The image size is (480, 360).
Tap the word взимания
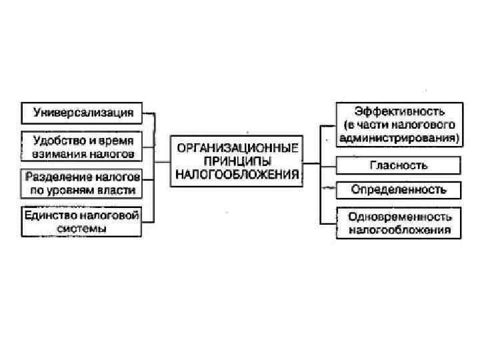tap(56, 154)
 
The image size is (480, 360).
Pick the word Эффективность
tap(399, 111)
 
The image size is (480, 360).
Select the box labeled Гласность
tap(399, 165)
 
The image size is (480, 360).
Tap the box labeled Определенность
tap(399, 189)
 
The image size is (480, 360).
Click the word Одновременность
tap(399, 217)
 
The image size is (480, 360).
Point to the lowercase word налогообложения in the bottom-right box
tap(399, 230)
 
